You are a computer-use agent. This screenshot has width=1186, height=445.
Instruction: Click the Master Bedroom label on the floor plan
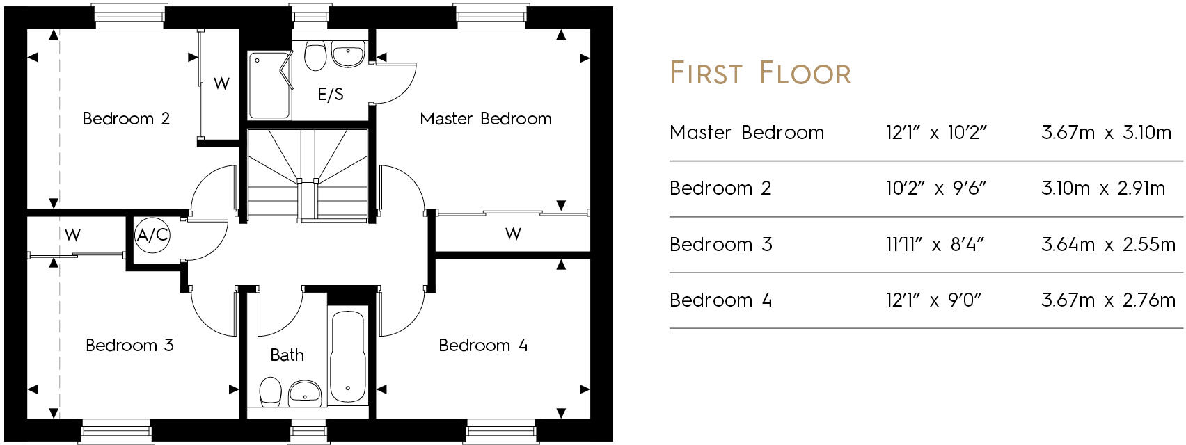(x=485, y=119)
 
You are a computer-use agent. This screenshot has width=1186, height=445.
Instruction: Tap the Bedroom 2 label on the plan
(x=126, y=119)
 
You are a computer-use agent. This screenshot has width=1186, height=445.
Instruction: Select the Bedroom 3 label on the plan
(x=129, y=345)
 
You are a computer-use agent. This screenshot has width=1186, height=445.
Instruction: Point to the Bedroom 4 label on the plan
(x=483, y=345)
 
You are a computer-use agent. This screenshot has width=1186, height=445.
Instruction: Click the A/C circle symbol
(x=152, y=235)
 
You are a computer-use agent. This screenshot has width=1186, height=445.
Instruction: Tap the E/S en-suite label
(x=331, y=94)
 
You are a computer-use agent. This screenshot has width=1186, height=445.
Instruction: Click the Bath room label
(x=287, y=355)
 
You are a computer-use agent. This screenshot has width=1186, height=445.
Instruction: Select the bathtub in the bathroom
(x=347, y=357)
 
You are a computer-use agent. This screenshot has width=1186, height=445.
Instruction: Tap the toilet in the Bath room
(x=270, y=392)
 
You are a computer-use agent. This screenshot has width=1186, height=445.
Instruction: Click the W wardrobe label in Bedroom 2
(x=221, y=83)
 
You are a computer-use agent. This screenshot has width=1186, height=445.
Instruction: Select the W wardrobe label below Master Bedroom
(x=513, y=234)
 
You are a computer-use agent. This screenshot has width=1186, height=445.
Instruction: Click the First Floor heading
(x=760, y=74)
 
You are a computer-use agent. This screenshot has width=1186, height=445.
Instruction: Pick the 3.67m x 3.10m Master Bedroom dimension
(x=1106, y=132)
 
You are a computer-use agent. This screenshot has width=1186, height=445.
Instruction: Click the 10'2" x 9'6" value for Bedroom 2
(x=935, y=188)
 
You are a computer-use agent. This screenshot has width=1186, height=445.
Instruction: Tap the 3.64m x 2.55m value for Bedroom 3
(x=1108, y=244)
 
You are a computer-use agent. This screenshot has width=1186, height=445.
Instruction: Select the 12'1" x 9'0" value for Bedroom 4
(x=933, y=300)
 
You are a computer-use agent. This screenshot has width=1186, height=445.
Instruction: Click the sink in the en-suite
(x=347, y=55)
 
